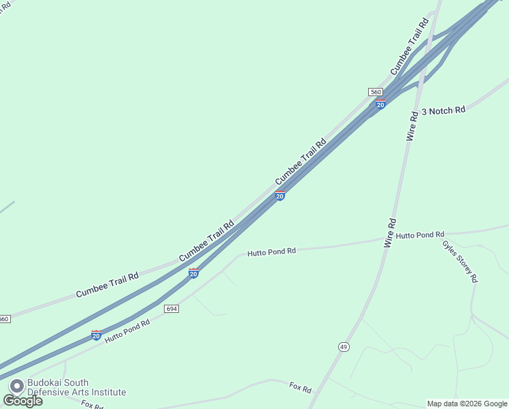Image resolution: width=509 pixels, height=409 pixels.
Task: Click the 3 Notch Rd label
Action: click(x=443, y=110)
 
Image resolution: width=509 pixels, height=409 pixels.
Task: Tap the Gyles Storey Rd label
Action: click(x=460, y=261)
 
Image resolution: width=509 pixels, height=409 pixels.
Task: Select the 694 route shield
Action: click(x=171, y=309)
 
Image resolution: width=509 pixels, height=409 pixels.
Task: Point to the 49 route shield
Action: click(x=344, y=347)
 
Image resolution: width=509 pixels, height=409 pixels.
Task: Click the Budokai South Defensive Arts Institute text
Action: click(x=76, y=387)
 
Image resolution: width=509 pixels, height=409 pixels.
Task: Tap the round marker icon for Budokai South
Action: click(x=15, y=386)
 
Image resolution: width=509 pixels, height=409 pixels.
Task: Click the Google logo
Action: click(x=22, y=401)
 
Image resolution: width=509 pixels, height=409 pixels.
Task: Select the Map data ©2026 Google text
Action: click(x=467, y=404)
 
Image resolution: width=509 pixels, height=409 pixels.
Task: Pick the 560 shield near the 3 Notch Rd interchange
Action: click(x=375, y=92)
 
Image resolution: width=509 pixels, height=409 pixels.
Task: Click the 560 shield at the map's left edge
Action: click(x=5, y=318)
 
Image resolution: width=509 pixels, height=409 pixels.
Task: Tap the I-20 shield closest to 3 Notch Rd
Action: click(x=380, y=104)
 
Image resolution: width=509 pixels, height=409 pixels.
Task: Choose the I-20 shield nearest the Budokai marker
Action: click(x=96, y=335)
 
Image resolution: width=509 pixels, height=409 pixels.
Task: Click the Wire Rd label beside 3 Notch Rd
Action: click(x=411, y=124)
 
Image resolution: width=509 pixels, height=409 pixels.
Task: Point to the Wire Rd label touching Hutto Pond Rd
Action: click(x=389, y=232)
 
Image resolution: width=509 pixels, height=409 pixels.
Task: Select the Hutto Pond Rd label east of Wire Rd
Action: click(x=420, y=234)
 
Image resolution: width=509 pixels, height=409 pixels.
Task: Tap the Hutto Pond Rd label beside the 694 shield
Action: click(x=127, y=331)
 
